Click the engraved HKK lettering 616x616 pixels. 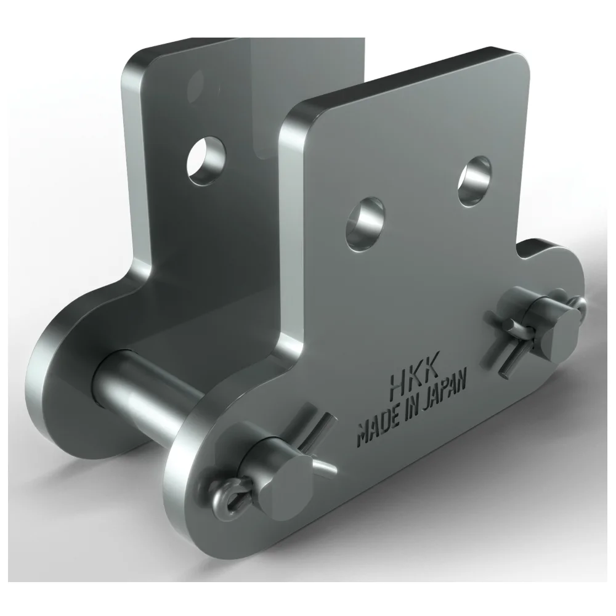pos(413,379)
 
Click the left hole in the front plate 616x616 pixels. pos(365,224)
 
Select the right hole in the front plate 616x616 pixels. pos(475,181)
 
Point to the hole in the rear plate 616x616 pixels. pos(206,160)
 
